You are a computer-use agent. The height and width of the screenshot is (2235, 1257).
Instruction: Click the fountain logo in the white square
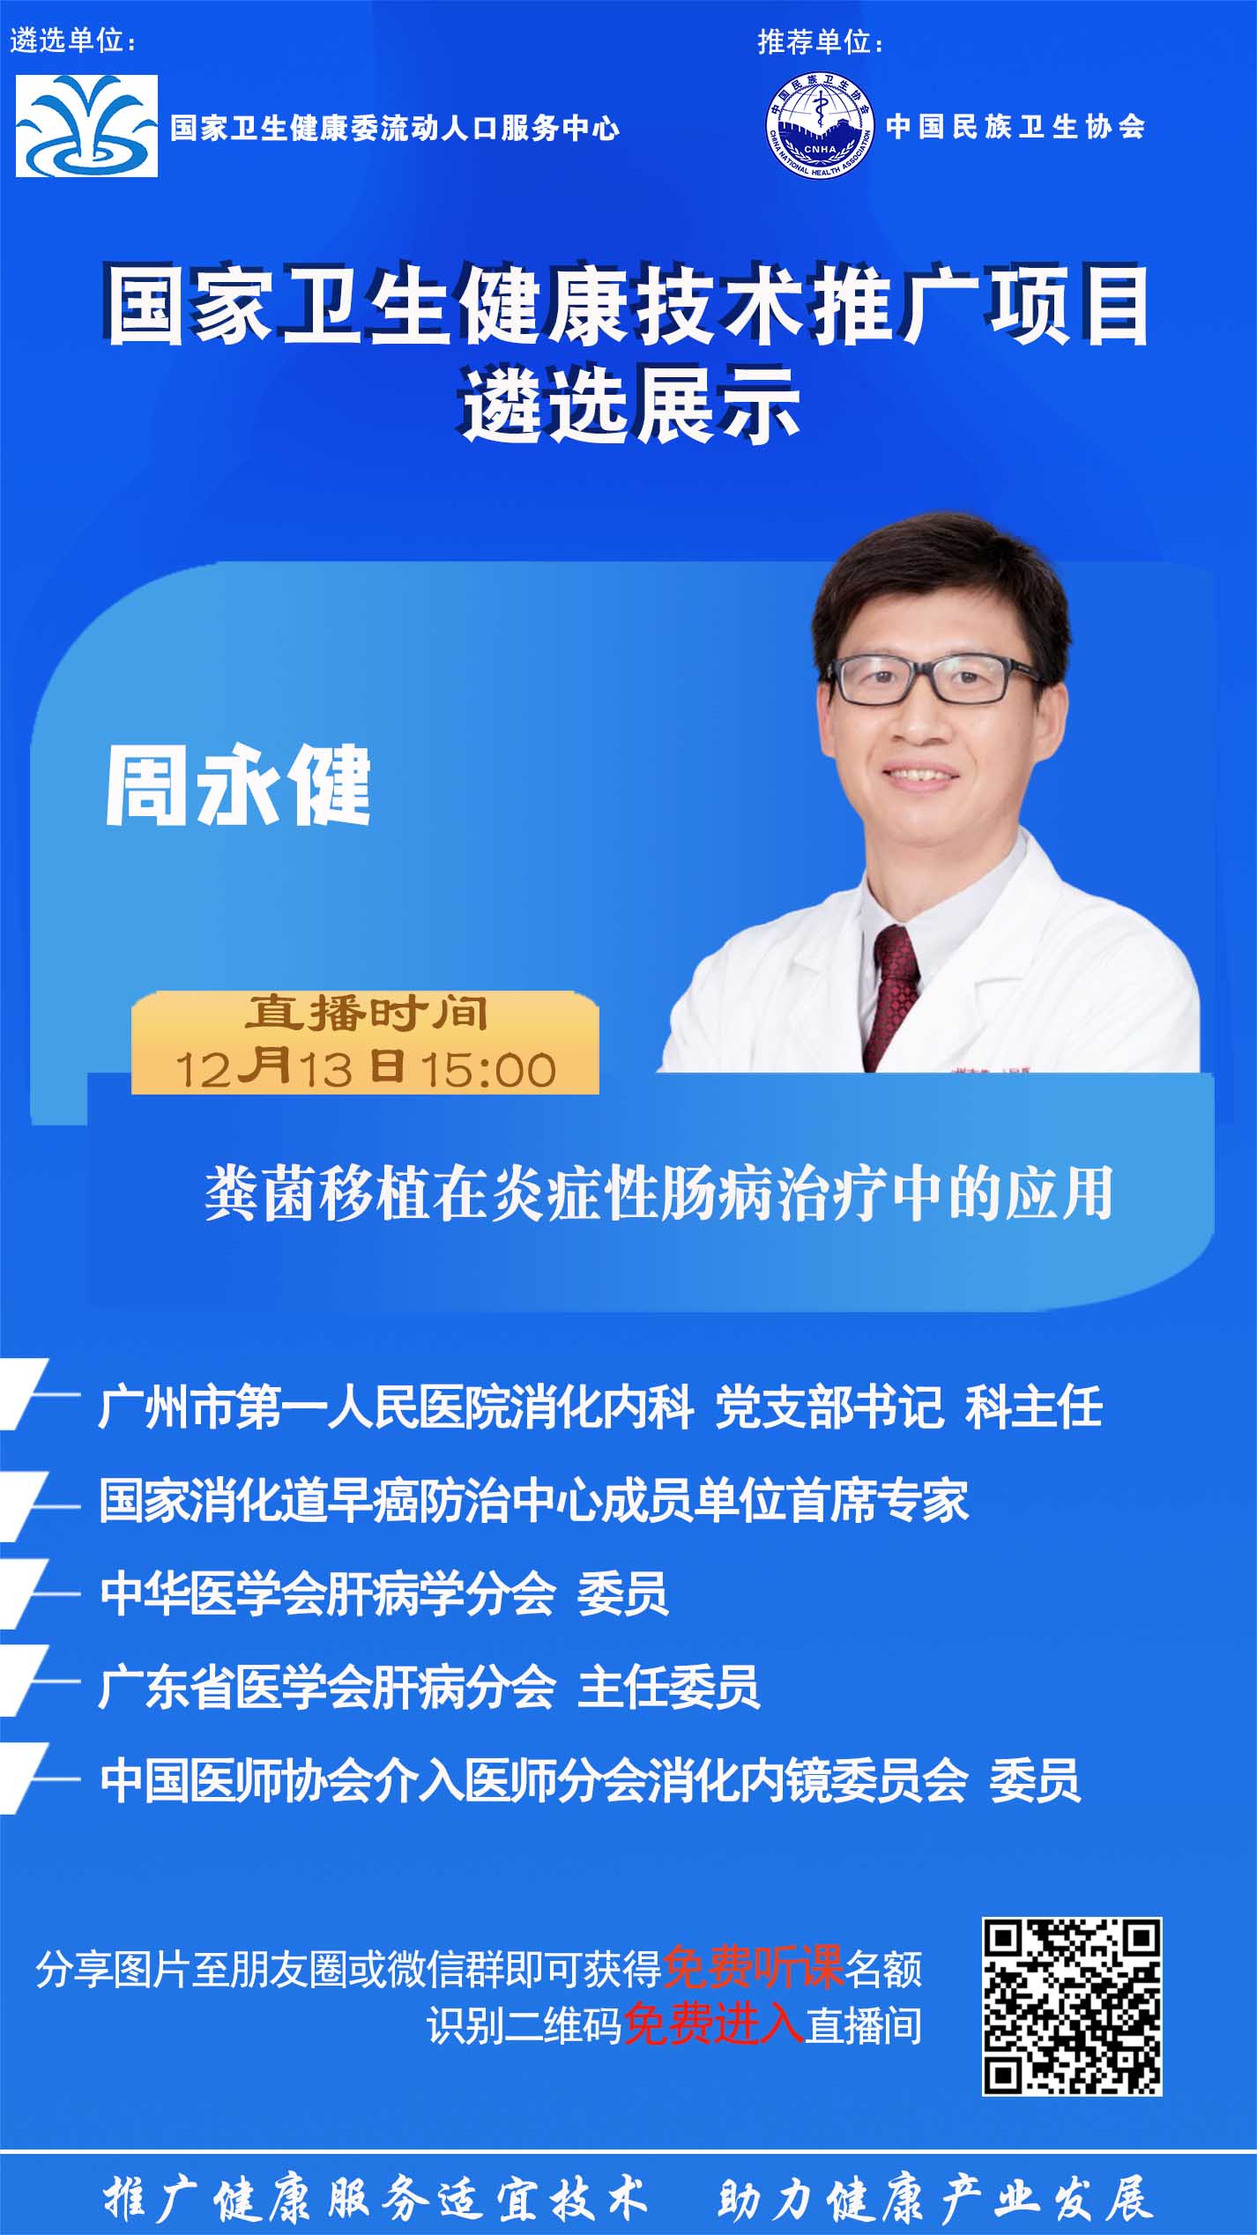86,125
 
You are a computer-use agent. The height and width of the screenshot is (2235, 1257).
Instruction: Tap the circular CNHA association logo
819,126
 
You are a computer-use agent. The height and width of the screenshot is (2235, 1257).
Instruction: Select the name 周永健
237,787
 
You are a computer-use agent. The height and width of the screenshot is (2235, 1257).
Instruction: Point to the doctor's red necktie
893,995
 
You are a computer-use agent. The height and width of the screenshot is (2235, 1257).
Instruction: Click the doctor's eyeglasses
934,678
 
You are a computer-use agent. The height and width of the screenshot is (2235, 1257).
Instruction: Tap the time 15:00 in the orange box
487,1070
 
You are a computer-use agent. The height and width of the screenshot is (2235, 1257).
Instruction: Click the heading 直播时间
366,1014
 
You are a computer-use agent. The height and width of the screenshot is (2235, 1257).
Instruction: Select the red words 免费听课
754,1967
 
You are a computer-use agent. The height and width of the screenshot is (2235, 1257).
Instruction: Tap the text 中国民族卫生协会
1015,126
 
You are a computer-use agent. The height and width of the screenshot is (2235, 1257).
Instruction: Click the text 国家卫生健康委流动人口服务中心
395,129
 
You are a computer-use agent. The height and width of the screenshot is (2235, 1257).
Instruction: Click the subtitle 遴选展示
631,407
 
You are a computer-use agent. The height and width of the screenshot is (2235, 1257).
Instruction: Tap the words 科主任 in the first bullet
1034,1406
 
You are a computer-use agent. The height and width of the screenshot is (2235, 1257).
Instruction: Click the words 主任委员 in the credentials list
668,1688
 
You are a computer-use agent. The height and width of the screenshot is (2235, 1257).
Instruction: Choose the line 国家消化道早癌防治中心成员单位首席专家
534,1500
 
